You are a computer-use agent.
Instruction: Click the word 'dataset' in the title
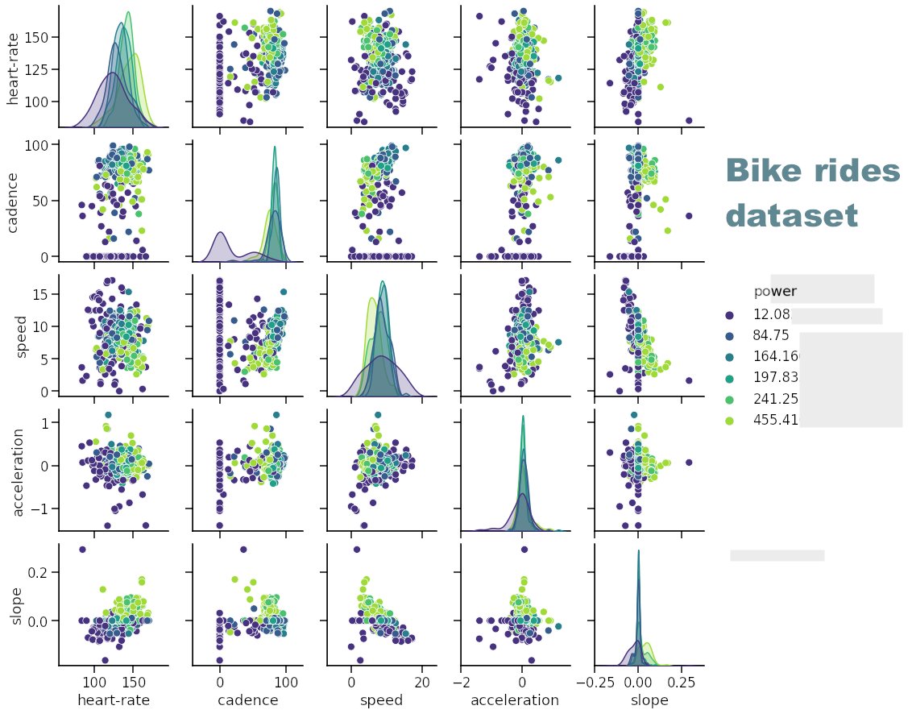[790, 217]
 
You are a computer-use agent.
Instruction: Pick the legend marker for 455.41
[730, 420]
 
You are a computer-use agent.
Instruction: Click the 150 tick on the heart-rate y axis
[36, 38]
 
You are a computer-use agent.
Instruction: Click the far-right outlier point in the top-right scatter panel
[690, 121]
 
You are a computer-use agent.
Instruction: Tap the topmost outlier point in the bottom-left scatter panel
[82, 550]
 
